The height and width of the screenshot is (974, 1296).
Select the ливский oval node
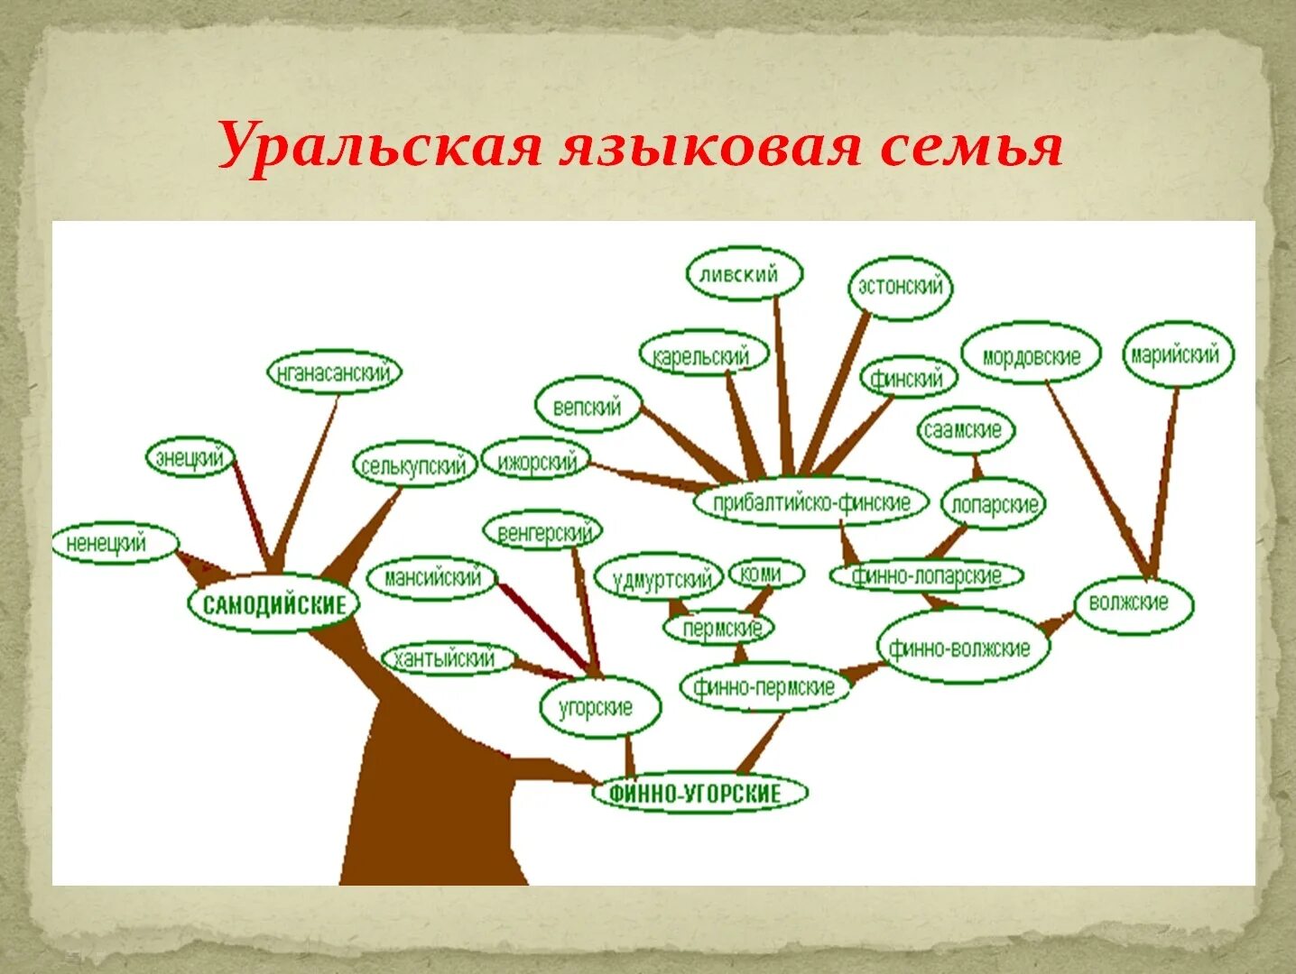[744, 274]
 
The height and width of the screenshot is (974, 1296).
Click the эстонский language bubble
[900, 287]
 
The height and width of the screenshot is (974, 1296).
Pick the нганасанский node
[334, 372]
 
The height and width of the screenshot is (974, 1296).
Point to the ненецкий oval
[114, 544]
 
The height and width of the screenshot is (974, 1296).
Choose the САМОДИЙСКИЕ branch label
[273, 603]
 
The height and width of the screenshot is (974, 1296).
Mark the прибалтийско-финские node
[810, 502]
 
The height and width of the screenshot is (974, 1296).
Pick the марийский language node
[1176, 354]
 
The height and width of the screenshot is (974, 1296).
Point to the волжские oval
[1132, 602]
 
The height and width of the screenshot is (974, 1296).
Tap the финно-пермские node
[764, 687]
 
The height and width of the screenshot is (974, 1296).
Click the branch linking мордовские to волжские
[1097, 478]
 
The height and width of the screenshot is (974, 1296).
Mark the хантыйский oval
[447, 659]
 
